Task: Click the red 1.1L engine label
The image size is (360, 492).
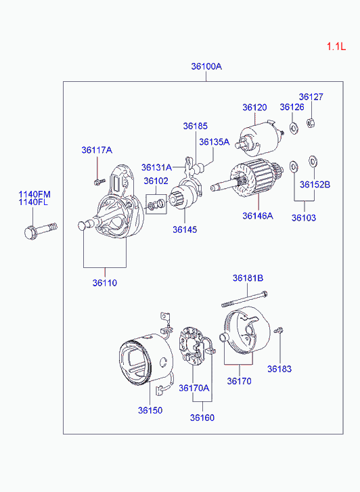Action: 336,47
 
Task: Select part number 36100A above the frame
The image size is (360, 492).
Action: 206,66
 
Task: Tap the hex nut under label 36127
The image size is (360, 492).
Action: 311,122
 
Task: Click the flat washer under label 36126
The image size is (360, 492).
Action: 294,128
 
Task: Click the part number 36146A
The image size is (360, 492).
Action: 258,216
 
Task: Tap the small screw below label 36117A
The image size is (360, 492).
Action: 99,181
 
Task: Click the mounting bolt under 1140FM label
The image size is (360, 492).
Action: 41,231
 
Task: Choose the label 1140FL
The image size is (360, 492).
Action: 33,202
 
